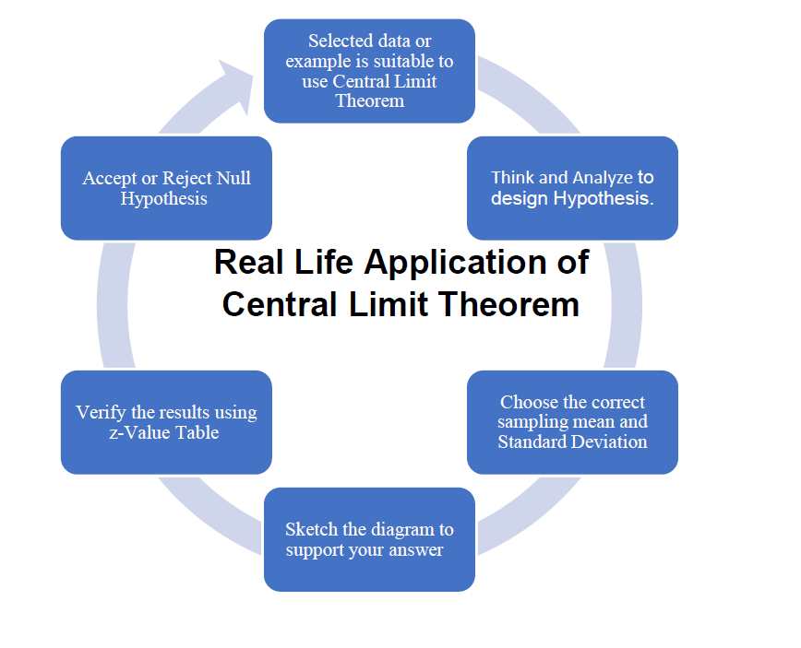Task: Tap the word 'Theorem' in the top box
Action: coord(369,100)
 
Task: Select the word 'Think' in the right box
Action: coord(510,177)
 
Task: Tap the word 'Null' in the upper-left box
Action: coord(234,178)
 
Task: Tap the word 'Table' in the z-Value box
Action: coord(196,431)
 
